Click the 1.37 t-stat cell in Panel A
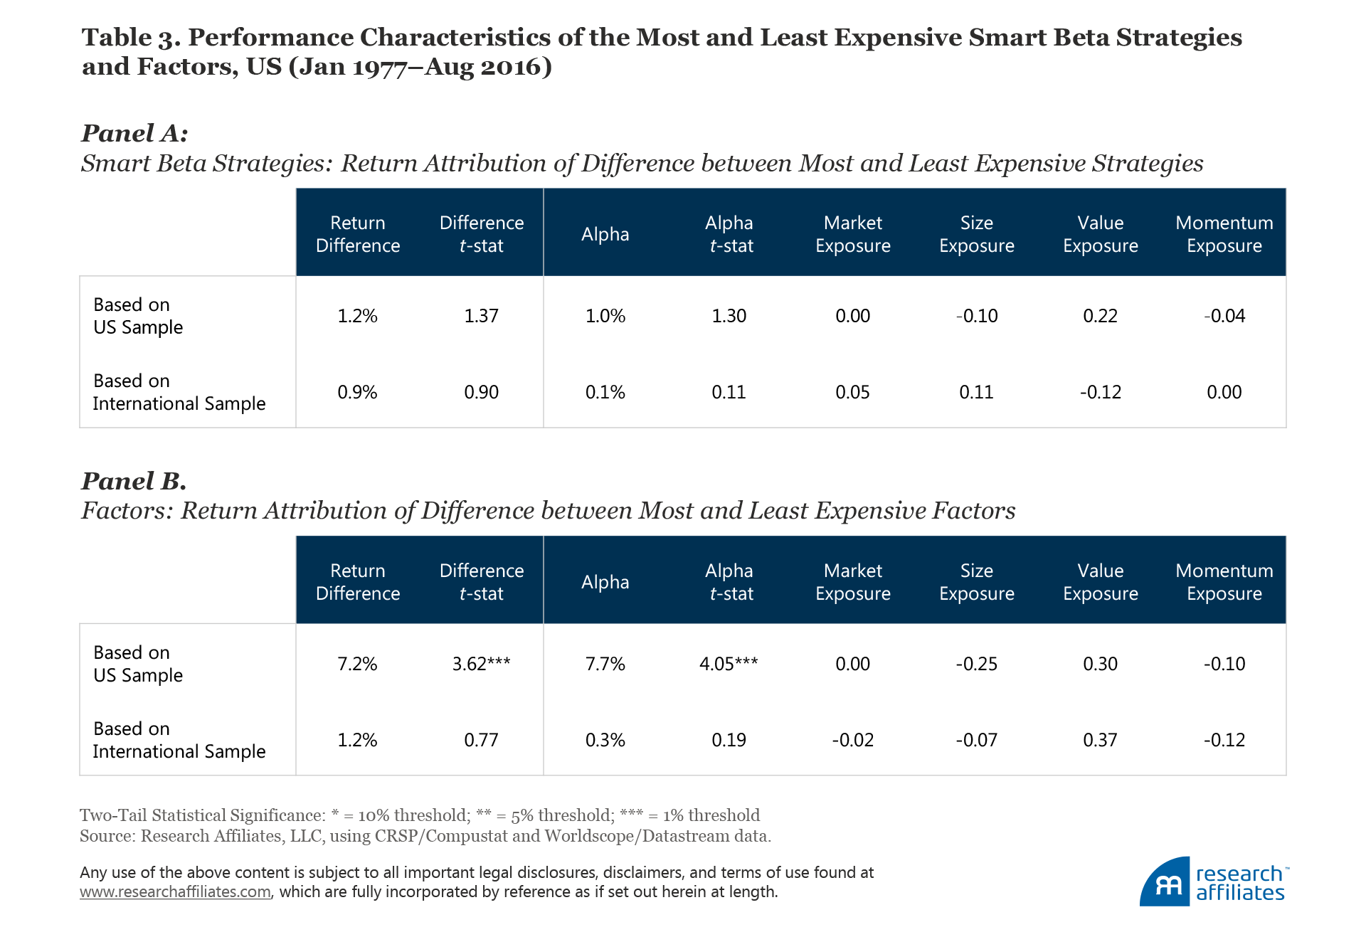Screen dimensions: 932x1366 [x=481, y=316]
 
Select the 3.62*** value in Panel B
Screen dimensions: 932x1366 [x=481, y=664]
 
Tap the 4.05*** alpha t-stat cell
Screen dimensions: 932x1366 [x=729, y=664]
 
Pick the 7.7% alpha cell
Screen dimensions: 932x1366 [x=605, y=664]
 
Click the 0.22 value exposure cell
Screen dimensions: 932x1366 [x=1100, y=316]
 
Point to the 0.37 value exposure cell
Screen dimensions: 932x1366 [x=1100, y=740]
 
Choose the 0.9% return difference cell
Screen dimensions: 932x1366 [x=357, y=392]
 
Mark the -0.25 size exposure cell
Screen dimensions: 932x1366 [x=976, y=664]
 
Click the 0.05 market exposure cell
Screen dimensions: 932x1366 [x=852, y=392]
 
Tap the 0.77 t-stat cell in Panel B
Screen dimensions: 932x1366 [x=481, y=740]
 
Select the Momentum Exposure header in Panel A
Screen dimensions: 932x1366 [x=1224, y=234]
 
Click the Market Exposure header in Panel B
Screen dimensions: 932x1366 [x=852, y=582]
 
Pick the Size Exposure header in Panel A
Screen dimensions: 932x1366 [x=976, y=234]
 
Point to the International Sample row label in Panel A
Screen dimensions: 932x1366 [x=179, y=392]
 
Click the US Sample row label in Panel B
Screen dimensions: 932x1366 [x=138, y=664]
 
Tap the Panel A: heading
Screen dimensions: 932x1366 [x=134, y=133]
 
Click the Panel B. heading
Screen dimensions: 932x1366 [x=134, y=481]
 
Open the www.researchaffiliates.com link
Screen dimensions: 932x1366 [x=175, y=892]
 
